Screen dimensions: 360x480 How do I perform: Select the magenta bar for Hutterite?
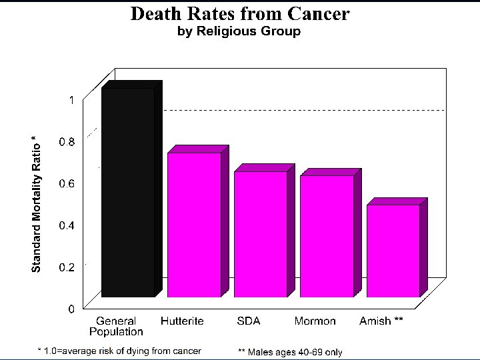(x=193, y=225)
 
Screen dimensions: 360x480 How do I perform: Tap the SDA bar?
(x=260, y=234)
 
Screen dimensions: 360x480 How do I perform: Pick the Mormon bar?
(x=327, y=236)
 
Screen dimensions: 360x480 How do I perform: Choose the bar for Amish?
(x=393, y=251)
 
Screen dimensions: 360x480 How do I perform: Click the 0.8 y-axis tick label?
(x=67, y=141)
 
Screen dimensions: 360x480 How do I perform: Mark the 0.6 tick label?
(x=67, y=183)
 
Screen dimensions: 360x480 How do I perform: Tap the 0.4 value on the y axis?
(x=67, y=225)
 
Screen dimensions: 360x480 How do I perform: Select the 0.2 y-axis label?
(x=67, y=267)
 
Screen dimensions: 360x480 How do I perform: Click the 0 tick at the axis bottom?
(x=70, y=309)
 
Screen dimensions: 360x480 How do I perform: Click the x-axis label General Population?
(x=116, y=326)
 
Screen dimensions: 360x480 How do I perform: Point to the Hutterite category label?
(x=182, y=321)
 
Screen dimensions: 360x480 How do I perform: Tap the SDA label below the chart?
(x=249, y=321)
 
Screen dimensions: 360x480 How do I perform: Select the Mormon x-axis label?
(x=315, y=321)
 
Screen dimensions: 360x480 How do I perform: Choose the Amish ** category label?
(x=381, y=321)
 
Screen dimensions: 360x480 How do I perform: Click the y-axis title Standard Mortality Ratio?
(x=37, y=203)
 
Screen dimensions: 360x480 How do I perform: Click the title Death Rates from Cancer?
(x=239, y=13)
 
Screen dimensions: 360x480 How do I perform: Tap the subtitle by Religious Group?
(x=239, y=31)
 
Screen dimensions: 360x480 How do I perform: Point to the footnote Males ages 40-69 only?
(x=290, y=351)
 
